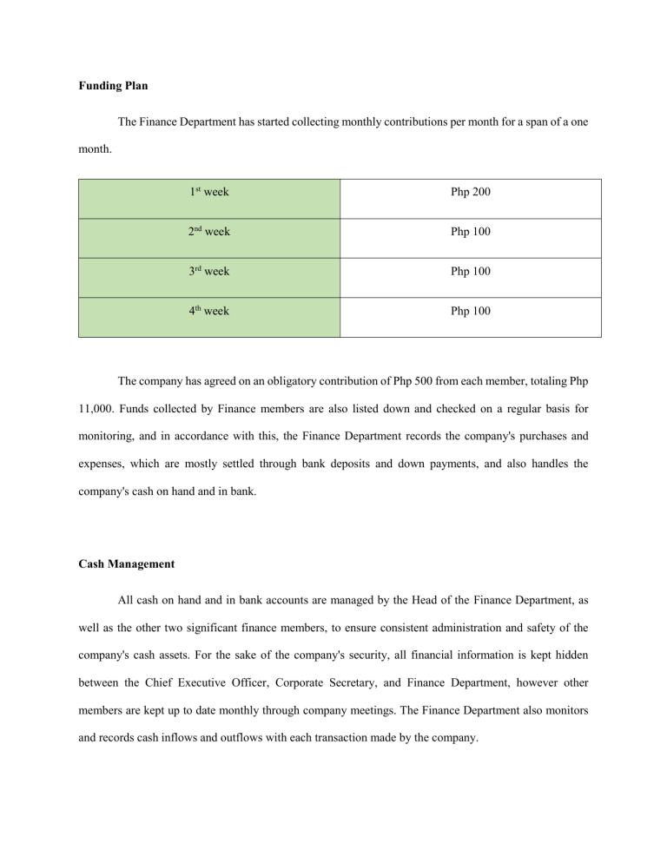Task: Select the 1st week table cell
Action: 209,192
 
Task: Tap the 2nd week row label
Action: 209,232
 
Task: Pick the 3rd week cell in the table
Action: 209,271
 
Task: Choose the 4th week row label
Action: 209,310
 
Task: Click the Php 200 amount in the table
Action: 470,192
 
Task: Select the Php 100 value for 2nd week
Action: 470,232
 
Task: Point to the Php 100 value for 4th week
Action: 470,310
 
